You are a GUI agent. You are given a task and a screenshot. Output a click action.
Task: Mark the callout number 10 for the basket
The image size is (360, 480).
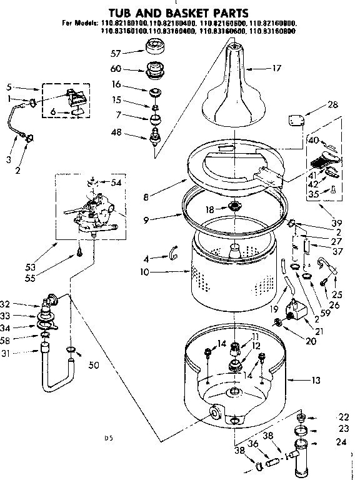coord(146,272)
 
